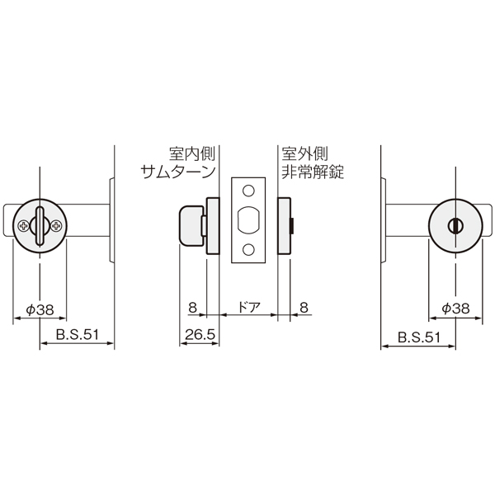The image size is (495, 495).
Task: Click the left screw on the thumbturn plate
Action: click(23, 226)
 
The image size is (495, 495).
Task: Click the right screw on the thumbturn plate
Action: click(57, 226)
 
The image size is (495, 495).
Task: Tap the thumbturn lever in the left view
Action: click(40, 226)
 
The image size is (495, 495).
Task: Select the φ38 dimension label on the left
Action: click(40, 310)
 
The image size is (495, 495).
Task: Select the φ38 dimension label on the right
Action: click(455, 309)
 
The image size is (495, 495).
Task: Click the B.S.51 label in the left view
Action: click(78, 335)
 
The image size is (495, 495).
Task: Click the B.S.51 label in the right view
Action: click(418, 337)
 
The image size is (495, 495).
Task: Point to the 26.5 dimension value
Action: click(200, 335)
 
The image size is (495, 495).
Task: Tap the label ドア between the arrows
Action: click(249, 307)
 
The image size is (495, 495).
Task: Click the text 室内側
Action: click(192, 153)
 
